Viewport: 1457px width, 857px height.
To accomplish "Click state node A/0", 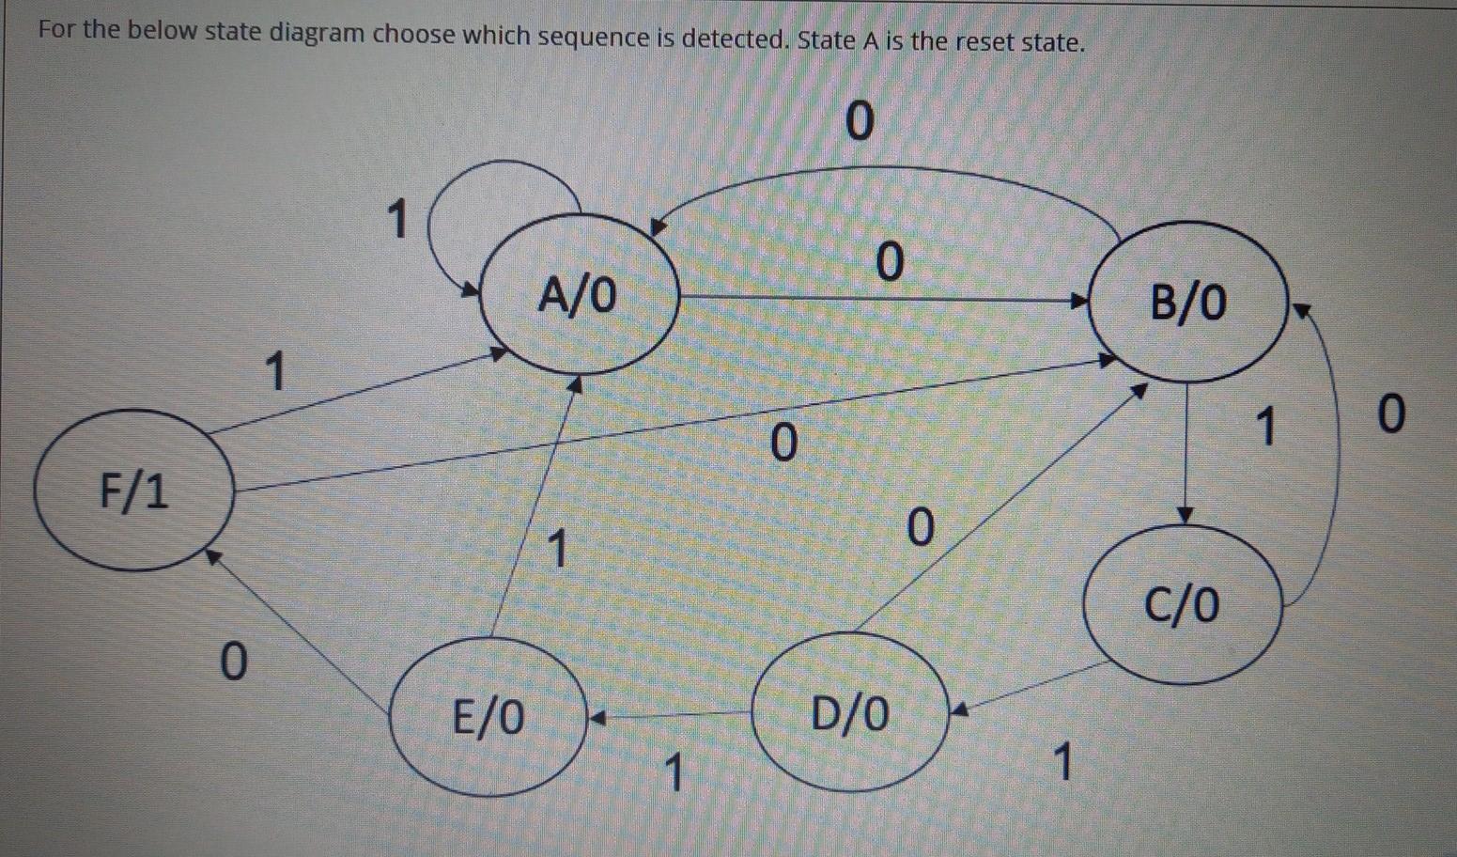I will pos(579,296).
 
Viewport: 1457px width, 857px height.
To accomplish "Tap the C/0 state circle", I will pos(1182,603).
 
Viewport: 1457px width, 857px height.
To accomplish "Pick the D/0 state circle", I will pos(849,714).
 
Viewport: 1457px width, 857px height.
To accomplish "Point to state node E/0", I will pos(488,717).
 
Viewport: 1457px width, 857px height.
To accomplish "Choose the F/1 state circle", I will pos(134,491).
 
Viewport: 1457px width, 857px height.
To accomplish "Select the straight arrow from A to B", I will pos(883,300).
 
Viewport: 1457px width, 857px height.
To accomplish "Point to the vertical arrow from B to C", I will pos(1186,451).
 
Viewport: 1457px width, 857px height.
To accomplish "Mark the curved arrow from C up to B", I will pos(1331,451).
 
